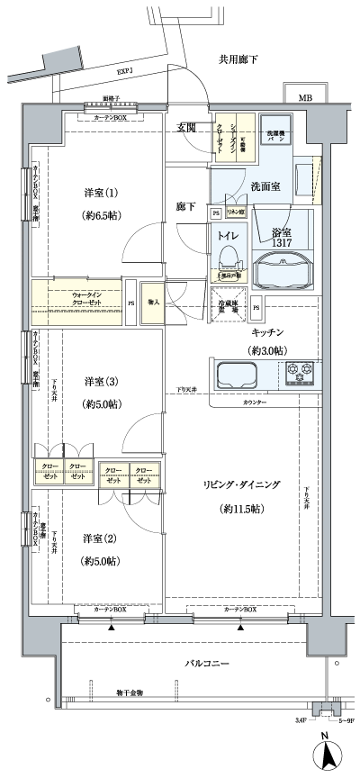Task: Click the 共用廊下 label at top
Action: pyautogui.click(x=238, y=59)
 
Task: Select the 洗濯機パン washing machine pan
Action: pyautogui.click(x=276, y=135)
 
